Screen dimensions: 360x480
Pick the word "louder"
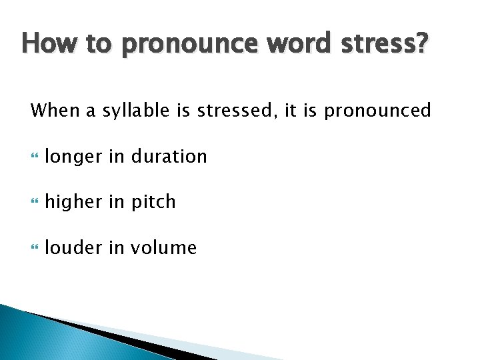pyautogui.click(x=73, y=248)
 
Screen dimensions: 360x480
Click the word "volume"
pyautogui.click(x=164, y=248)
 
